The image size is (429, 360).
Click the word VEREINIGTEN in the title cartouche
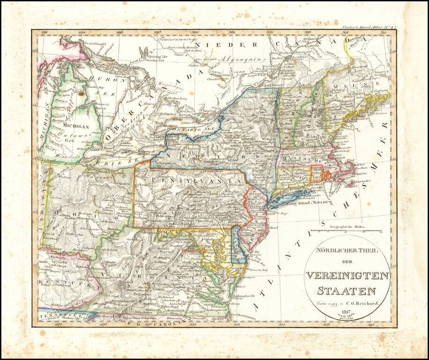(347, 276)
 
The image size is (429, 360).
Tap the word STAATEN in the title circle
(347, 290)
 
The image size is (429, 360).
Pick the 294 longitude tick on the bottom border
(59, 323)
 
